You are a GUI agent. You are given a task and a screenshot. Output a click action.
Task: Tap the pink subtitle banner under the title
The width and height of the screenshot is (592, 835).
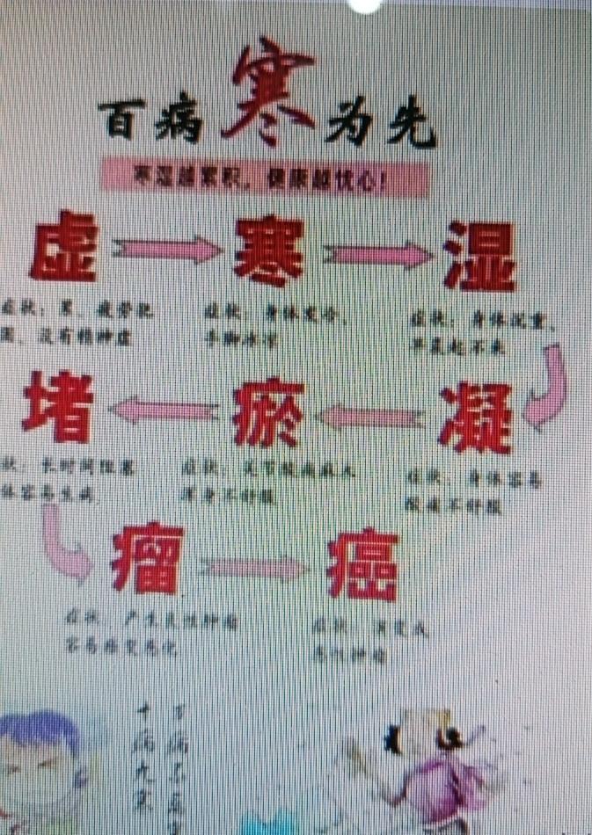(x=263, y=176)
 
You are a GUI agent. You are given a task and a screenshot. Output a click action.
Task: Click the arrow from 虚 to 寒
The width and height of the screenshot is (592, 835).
(x=165, y=249)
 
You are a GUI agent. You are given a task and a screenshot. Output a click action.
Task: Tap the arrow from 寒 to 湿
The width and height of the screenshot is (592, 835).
(x=378, y=253)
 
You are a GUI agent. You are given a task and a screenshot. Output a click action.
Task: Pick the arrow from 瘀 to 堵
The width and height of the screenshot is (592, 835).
(x=163, y=410)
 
